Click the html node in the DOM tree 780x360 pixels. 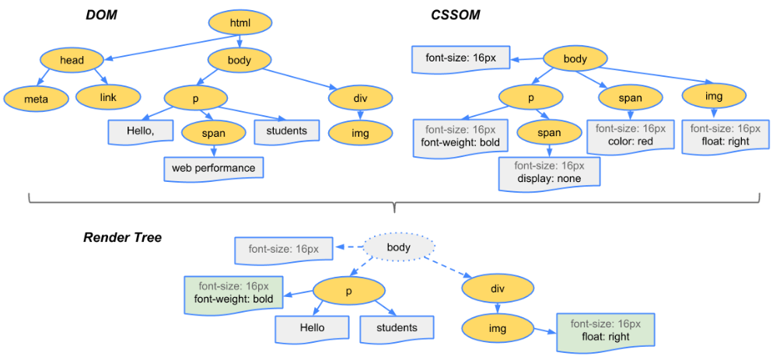click(240, 23)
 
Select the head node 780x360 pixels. click(72, 60)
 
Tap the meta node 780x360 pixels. click(37, 99)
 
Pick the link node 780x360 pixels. click(108, 97)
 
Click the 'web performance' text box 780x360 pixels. click(213, 168)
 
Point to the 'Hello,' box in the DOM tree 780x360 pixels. click(141, 131)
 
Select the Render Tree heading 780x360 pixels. click(122, 238)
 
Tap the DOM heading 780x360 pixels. click(101, 16)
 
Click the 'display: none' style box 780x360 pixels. click(549, 173)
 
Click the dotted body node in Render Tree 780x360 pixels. click(400, 246)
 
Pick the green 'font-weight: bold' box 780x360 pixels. click(233, 293)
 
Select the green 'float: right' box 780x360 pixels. click(605, 330)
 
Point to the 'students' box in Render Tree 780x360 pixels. click(397, 329)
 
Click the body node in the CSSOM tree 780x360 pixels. click(575, 59)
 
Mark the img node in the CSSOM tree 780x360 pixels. click(713, 97)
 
